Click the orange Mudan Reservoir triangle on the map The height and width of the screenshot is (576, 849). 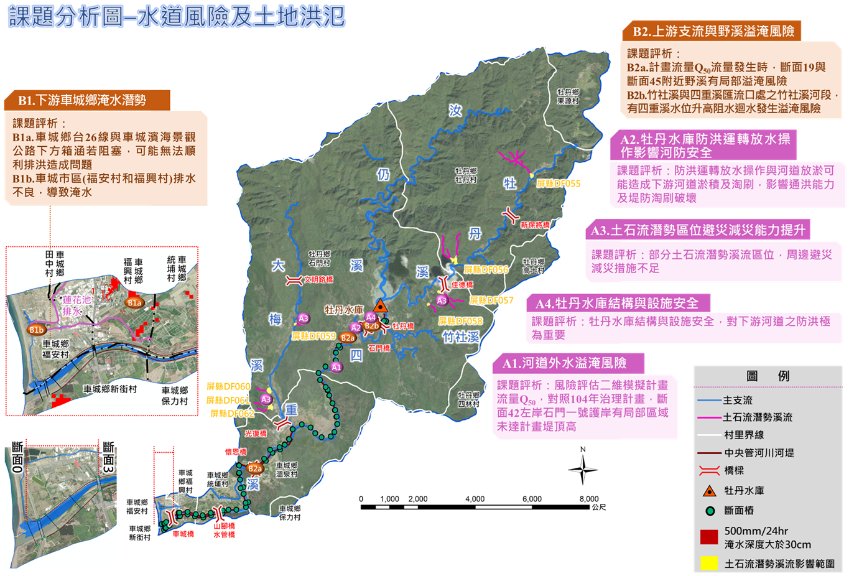click(x=381, y=306)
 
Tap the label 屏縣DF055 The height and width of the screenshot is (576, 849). click(x=558, y=183)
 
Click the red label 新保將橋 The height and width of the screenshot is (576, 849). click(x=535, y=225)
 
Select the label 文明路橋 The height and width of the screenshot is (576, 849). click(x=318, y=280)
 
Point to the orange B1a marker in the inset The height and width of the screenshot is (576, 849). click(x=134, y=303)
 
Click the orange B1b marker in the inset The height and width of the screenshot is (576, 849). click(x=36, y=330)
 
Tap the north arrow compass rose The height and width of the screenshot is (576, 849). click(x=583, y=470)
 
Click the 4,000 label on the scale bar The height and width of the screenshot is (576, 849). click(x=475, y=499)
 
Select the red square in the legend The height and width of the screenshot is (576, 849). click(x=709, y=537)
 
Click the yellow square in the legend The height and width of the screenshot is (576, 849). click(x=709, y=564)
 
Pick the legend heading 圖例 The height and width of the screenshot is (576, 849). click(x=768, y=376)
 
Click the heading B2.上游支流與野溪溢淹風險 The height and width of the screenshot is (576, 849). click(x=713, y=31)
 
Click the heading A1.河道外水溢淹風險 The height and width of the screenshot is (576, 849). click(x=564, y=363)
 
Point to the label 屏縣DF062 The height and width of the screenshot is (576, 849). click(x=231, y=414)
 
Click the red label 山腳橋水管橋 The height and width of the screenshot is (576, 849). click(x=224, y=530)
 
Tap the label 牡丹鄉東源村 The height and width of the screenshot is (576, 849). click(x=568, y=96)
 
